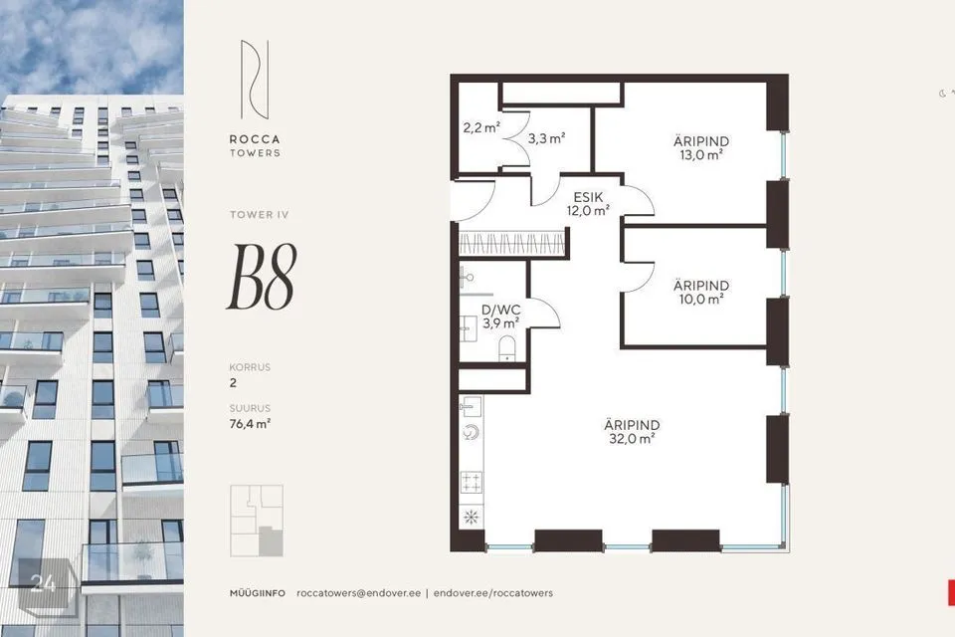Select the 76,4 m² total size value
250,423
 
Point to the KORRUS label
249,367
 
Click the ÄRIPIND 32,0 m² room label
632,431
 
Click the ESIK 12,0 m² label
588,203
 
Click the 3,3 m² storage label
546,138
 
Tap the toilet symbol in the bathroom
507,345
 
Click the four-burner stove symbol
472,483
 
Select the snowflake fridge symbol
471,518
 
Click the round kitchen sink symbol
472,432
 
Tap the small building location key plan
256,521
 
